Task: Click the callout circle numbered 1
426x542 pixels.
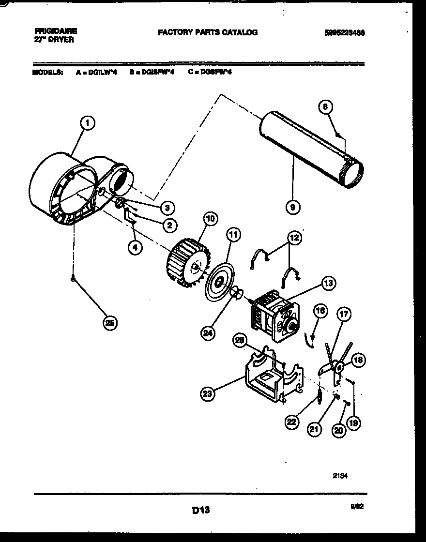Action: point(87,123)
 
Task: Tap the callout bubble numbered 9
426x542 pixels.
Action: point(293,208)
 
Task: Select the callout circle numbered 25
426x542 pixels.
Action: point(110,324)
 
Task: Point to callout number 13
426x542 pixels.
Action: point(328,284)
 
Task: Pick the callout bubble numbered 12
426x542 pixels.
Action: point(294,238)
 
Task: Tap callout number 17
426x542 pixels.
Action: point(343,315)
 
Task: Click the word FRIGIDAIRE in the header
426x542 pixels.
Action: point(56,30)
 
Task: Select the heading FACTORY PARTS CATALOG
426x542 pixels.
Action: point(208,32)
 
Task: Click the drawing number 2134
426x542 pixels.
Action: point(340,476)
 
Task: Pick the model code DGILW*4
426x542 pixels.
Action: point(100,73)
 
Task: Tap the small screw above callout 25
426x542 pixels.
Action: point(73,278)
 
